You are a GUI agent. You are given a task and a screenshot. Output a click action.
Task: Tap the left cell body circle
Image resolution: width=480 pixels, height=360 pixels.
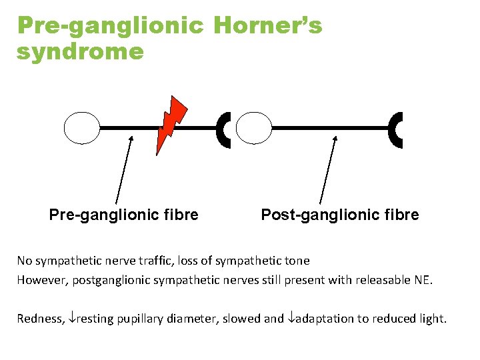pyautogui.click(x=81, y=127)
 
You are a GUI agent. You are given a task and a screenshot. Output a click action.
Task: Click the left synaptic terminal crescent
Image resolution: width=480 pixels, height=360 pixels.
pyautogui.click(x=223, y=129)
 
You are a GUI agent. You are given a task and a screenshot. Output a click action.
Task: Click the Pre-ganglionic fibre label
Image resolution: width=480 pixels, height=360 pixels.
pyautogui.click(x=123, y=215)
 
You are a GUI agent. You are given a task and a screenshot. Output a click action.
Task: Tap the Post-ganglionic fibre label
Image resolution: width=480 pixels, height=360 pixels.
pyautogui.click(x=340, y=215)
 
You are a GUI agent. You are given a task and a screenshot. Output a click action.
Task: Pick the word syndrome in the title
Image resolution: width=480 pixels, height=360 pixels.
pyautogui.click(x=80, y=51)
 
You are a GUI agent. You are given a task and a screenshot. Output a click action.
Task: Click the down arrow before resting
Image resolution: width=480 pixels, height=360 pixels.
pyautogui.click(x=72, y=319)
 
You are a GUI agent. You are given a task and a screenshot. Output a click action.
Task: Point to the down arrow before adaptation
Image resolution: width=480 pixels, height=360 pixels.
pyautogui.click(x=290, y=319)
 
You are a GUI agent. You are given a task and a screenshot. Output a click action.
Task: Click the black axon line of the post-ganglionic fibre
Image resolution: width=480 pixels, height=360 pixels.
pyautogui.click(x=330, y=127)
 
